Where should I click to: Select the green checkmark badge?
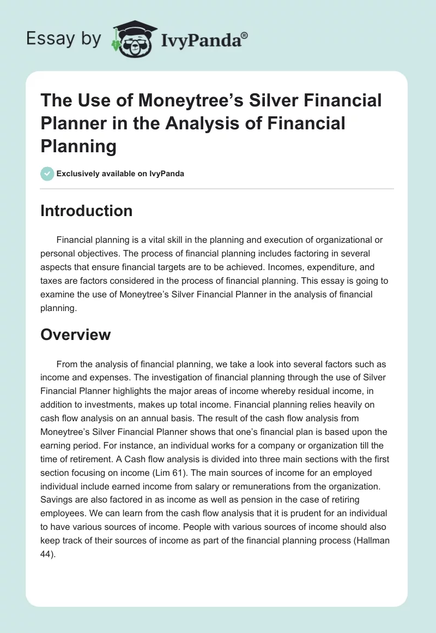coord(47,174)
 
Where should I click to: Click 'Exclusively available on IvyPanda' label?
coord(120,174)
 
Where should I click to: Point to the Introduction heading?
coord(86,211)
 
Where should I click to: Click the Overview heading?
coord(75,334)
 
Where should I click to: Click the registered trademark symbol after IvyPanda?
coord(244,36)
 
